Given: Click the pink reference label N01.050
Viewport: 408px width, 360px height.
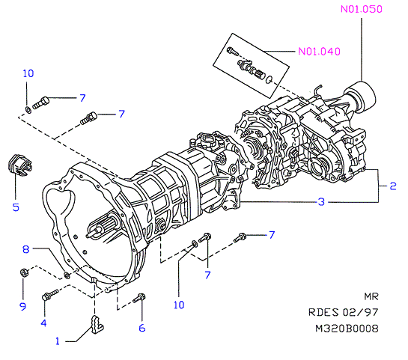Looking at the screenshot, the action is pyautogui.click(x=362, y=9).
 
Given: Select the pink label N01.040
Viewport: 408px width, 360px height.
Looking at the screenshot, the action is pyautogui.click(x=319, y=51).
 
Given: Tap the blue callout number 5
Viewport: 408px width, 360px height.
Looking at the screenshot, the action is pyautogui.click(x=16, y=207).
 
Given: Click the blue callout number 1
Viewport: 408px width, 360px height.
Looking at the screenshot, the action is pyautogui.click(x=58, y=341).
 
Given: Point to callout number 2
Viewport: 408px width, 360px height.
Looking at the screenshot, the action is pyautogui.click(x=393, y=186).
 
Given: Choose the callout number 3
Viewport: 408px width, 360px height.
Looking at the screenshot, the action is pyautogui.click(x=321, y=202).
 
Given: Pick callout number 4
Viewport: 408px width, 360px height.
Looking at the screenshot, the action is pyautogui.click(x=43, y=323).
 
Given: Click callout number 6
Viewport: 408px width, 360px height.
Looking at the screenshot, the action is pyautogui.click(x=141, y=328).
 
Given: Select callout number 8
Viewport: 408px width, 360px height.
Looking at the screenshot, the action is pyautogui.click(x=25, y=249).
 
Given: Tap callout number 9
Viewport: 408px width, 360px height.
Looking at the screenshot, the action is pyautogui.click(x=23, y=306).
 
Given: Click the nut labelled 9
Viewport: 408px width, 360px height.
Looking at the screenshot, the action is pyautogui.click(x=24, y=272).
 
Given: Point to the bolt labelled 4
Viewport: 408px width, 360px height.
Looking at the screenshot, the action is pyautogui.click(x=50, y=295).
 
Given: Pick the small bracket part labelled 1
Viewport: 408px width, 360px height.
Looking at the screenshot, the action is pyautogui.click(x=97, y=324).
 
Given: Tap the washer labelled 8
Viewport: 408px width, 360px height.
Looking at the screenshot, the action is pyautogui.click(x=67, y=275).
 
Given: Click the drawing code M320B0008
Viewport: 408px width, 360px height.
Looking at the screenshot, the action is pyautogui.click(x=347, y=329).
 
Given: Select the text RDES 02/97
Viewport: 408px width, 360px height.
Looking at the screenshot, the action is pyautogui.click(x=343, y=312).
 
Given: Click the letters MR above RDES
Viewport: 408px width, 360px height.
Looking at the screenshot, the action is pyautogui.click(x=371, y=296).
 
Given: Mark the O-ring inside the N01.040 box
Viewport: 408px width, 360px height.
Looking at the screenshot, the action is pyautogui.click(x=269, y=79).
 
